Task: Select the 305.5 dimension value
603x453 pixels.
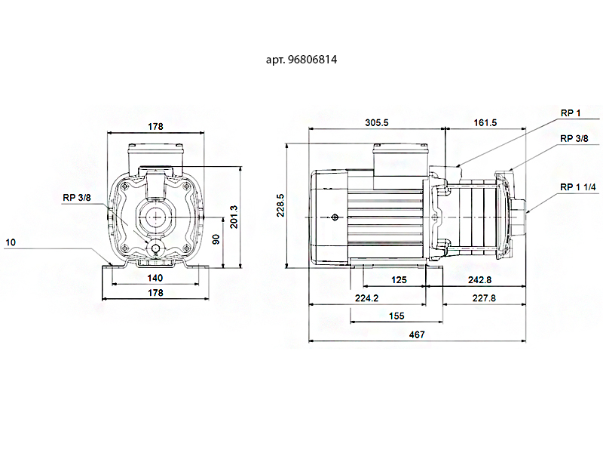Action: [377, 122]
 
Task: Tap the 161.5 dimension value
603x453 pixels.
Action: [485, 122]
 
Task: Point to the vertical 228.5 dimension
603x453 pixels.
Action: [280, 205]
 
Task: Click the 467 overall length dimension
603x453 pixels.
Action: [417, 334]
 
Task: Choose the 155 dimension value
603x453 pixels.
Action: [396, 316]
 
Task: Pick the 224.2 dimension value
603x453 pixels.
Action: [366, 298]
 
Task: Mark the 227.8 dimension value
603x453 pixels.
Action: [484, 298]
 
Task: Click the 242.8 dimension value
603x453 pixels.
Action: [479, 280]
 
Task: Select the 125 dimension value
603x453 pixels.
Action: [399, 280]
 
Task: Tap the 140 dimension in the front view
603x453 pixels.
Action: [155, 278]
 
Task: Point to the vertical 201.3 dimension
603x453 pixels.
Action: [234, 217]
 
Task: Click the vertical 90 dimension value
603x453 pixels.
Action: [216, 239]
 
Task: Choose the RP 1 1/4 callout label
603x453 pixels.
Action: [578, 187]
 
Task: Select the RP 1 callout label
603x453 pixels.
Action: [571, 112]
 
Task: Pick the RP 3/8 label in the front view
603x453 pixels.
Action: [77, 198]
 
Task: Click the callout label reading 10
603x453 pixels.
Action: [11, 242]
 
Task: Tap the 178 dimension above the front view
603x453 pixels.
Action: [155, 126]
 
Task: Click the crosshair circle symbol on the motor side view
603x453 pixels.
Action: [335, 217]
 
